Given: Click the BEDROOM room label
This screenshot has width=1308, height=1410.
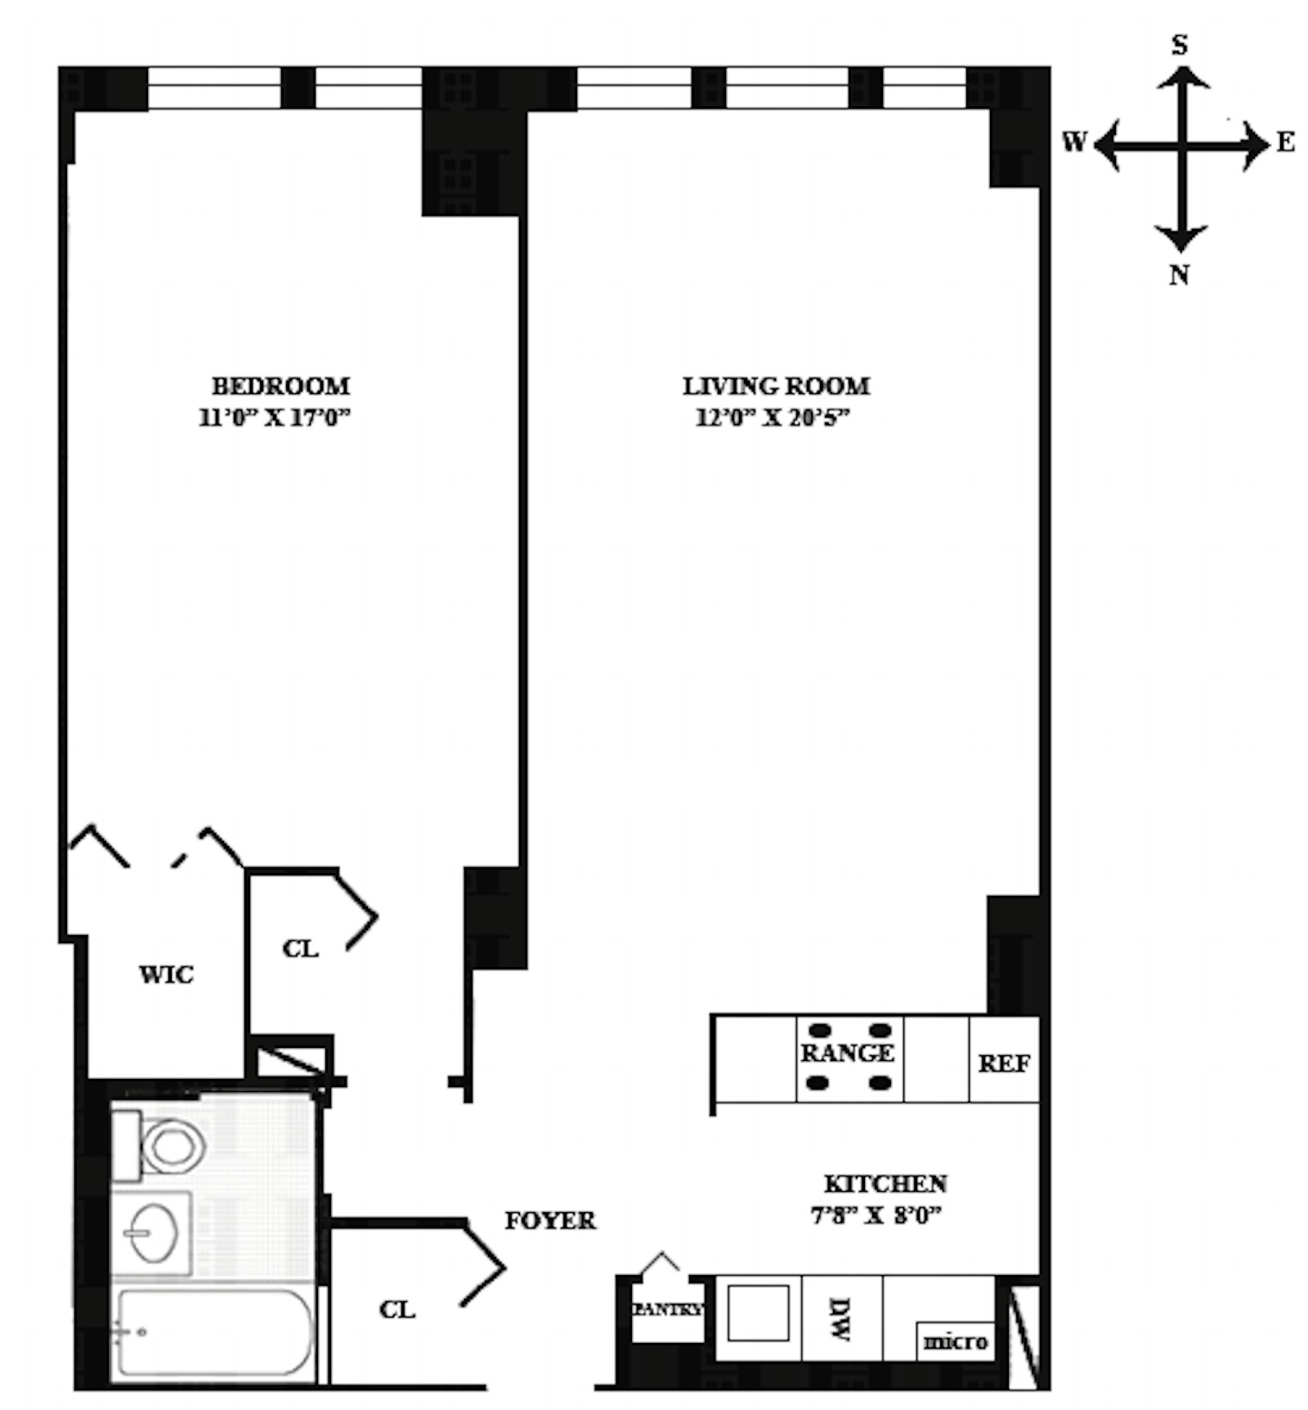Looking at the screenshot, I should click(280, 386).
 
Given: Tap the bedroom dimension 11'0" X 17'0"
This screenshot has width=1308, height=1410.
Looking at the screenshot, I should click(275, 419).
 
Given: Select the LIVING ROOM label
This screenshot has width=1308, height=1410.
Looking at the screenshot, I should click(776, 386).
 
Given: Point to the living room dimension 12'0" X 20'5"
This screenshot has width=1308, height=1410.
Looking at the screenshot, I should click(773, 419).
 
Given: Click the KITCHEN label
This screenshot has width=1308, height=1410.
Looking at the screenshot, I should click(885, 1184).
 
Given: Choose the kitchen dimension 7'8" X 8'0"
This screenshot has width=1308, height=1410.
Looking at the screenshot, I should click(876, 1216).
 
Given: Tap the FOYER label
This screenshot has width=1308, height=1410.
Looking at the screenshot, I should click(550, 1220).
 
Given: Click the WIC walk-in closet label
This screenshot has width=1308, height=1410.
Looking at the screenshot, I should click(166, 974).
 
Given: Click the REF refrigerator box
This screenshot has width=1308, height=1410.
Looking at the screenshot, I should click(1004, 1063).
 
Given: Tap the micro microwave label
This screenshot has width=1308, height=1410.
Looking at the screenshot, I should click(955, 1342).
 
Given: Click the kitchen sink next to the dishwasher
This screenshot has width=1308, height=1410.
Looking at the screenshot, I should click(758, 1313).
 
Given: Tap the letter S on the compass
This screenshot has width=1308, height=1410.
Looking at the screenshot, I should click(1180, 45).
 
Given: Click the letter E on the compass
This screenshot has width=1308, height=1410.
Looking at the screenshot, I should click(1285, 143).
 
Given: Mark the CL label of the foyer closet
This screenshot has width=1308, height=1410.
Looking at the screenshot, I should click(397, 1309).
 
